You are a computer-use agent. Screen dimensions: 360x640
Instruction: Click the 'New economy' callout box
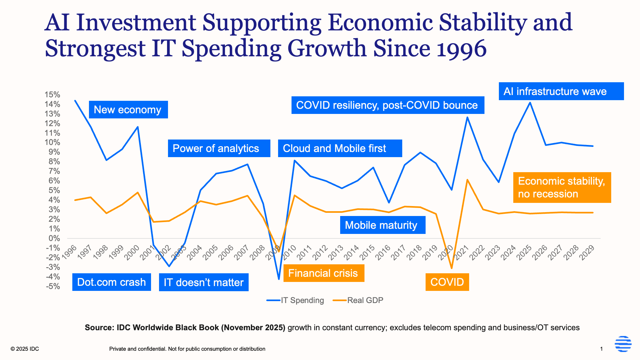(128, 110)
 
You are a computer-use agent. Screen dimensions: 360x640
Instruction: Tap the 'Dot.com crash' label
(111, 282)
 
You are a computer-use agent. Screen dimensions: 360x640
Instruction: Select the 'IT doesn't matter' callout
(204, 282)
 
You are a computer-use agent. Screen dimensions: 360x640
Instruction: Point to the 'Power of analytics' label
(219, 148)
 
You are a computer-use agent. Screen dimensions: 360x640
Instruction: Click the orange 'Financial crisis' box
(324, 273)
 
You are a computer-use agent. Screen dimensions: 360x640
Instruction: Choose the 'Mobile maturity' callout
(382, 225)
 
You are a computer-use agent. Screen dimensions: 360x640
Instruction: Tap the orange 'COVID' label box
(447, 282)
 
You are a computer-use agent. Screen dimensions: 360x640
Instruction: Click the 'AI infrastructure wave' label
(561, 92)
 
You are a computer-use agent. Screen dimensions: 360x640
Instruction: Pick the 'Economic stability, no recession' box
(562, 188)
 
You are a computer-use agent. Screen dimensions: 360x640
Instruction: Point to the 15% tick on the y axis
(52, 95)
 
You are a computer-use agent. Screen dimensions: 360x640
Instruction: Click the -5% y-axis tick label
(52, 286)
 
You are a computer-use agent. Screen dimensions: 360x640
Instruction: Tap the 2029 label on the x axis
(588, 253)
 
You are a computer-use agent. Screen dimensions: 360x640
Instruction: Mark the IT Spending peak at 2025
(530, 103)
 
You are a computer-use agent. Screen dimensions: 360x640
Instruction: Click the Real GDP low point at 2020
(452, 268)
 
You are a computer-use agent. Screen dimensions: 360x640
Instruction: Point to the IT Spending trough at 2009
(279, 279)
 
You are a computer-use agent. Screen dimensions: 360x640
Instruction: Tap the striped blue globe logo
(623, 344)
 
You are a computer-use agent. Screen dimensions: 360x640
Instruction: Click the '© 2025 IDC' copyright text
(25, 349)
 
